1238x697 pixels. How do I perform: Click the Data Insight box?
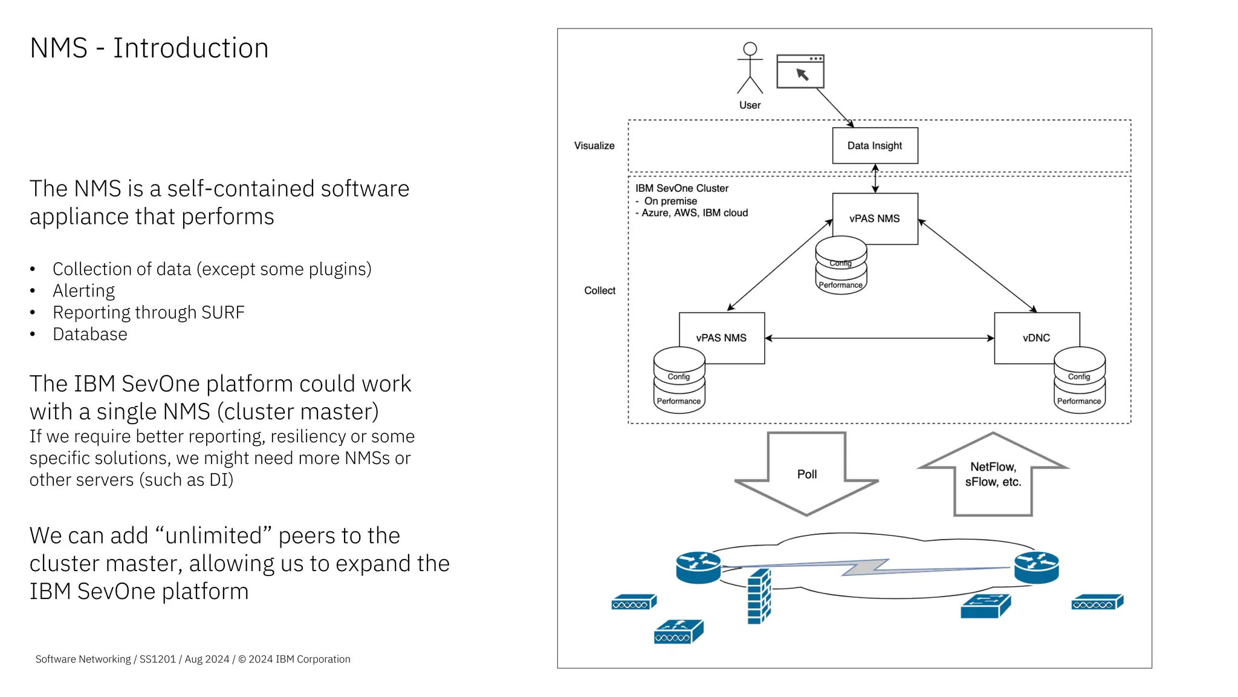[874, 146]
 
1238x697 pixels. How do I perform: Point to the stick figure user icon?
[750, 68]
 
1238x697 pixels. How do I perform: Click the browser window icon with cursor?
[800, 72]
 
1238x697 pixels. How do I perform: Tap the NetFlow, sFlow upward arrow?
[993, 476]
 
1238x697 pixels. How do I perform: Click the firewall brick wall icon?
[759, 597]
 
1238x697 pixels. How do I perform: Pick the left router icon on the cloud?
[698, 567]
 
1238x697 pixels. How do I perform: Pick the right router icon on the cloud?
[1036, 567]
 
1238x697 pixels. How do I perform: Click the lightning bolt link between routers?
[866, 568]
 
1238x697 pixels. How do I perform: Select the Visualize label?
[594, 146]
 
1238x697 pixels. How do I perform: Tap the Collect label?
[600, 291]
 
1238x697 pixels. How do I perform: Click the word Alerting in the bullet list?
[83, 291]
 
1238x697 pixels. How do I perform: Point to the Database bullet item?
[90, 335]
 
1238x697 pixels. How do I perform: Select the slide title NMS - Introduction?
[149, 48]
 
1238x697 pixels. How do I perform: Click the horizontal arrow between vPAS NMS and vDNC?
[879, 338]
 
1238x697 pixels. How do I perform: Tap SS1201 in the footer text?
[157, 659]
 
